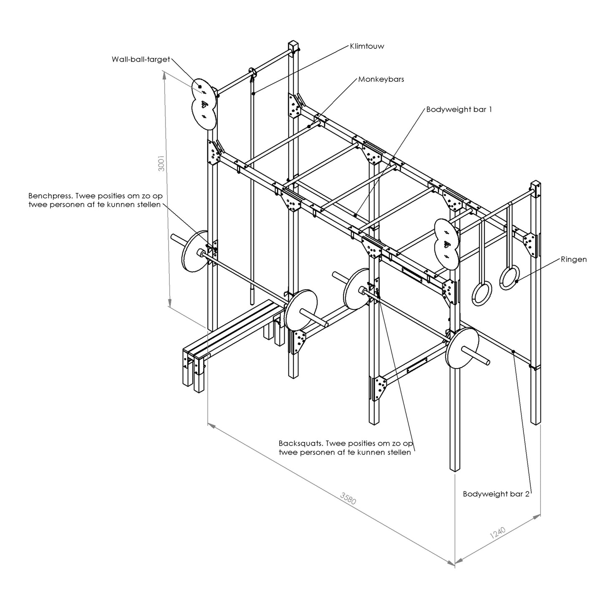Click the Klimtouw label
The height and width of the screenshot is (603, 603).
click(x=367, y=46)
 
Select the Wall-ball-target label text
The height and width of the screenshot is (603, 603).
click(x=141, y=59)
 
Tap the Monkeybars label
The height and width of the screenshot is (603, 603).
click(x=381, y=79)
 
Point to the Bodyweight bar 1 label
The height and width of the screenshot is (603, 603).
click(x=459, y=109)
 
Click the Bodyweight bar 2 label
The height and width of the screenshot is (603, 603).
click(x=496, y=494)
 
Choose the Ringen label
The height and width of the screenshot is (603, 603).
click(x=574, y=260)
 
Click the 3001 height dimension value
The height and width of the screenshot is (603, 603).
click(x=161, y=163)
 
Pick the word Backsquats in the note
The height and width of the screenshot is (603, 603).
click(x=300, y=444)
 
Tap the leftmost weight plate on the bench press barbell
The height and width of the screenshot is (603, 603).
click(x=194, y=251)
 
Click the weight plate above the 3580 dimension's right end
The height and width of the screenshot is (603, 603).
click(x=462, y=347)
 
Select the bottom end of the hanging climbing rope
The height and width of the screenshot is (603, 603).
click(x=252, y=303)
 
